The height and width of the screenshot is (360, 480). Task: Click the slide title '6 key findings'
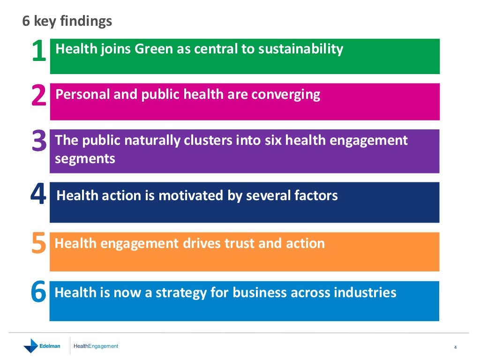[x=67, y=21]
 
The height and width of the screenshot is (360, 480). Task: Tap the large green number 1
[x=38, y=52]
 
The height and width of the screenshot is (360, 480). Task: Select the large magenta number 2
[x=38, y=97]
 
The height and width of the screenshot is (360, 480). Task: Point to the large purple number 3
[x=39, y=142]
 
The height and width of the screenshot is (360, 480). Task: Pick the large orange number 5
[x=38, y=245]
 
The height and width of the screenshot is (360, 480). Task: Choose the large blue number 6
[x=38, y=293]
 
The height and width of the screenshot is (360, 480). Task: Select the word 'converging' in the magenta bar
[x=286, y=95]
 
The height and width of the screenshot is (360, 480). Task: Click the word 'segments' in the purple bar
[x=85, y=158]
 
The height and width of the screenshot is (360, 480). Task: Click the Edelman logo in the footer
[x=42, y=346]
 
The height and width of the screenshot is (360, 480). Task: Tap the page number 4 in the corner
[x=455, y=347]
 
